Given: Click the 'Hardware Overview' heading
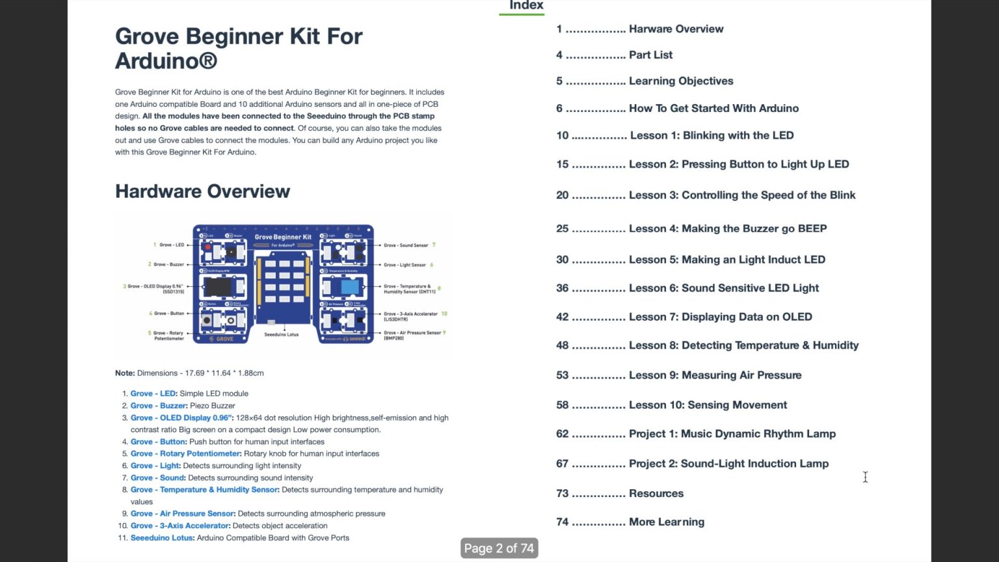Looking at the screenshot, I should click(x=202, y=191).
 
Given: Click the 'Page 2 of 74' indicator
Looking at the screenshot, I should click(x=499, y=548).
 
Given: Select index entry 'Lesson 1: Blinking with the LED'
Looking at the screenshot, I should click(x=712, y=135).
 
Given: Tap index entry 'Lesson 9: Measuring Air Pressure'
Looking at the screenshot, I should click(x=715, y=375).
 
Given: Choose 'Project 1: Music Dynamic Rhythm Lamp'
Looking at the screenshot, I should click(x=732, y=434).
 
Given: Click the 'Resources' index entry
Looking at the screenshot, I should click(x=656, y=494).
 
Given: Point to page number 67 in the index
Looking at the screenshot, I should click(x=562, y=464).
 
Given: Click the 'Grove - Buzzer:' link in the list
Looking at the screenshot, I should click(x=159, y=406).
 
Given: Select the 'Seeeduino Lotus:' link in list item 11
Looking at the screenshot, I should click(x=162, y=538).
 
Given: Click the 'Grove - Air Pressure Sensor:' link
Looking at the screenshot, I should click(x=183, y=514).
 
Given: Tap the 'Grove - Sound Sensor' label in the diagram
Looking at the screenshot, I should click(x=405, y=245).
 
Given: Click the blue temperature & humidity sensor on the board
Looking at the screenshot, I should click(x=349, y=286).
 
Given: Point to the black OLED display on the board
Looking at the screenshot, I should click(x=218, y=286).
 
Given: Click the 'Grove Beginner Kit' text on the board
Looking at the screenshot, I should click(x=282, y=237).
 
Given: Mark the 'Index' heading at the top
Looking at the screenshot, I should click(x=526, y=6).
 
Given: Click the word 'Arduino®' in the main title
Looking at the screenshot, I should click(x=166, y=61).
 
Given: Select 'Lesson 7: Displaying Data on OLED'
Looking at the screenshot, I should click(x=720, y=317).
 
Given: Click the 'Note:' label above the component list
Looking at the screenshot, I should click(x=125, y=373).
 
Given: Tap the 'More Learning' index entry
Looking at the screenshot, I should click(x=666, y=522).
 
